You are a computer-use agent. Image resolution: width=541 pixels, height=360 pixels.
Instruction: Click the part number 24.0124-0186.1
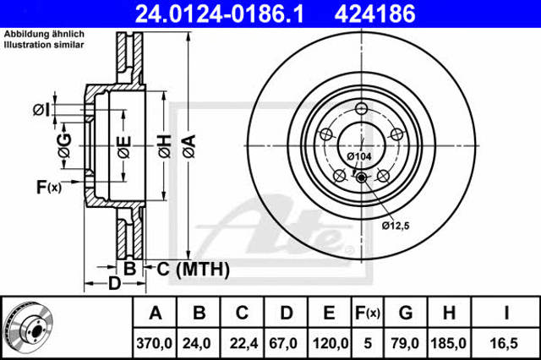click(x=220, y=14)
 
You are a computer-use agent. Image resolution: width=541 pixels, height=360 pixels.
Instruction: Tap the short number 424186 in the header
click(x=374, y=14)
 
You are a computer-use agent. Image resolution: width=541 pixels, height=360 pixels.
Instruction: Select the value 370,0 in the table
click(x=154, y=343)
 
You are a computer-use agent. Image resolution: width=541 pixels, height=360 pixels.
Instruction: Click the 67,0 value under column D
click(x=283, y=343)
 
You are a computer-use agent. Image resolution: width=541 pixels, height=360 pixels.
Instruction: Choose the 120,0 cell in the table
click(x=331, y=343)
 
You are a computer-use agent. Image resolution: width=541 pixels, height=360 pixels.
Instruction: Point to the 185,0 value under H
click(x=449, y=343)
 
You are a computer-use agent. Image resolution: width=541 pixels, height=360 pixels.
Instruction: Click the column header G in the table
click(x=406, y=313)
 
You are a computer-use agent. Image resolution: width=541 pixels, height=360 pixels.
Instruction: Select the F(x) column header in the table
click(x=368, y=313)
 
